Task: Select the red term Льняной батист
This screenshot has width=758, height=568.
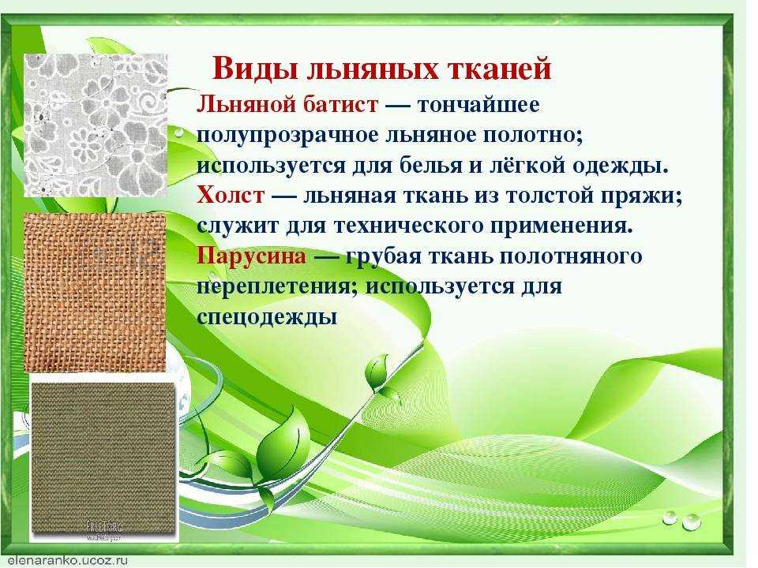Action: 287,104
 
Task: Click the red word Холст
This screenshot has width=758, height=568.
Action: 231,196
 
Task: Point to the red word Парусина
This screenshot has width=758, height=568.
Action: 251,256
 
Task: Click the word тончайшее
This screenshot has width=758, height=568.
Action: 478,104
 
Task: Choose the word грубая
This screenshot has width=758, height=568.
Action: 384,256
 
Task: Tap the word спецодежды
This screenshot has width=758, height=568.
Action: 267,317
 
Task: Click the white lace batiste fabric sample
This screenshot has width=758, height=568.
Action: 96,125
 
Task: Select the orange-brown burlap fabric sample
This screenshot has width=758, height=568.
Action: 95,292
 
